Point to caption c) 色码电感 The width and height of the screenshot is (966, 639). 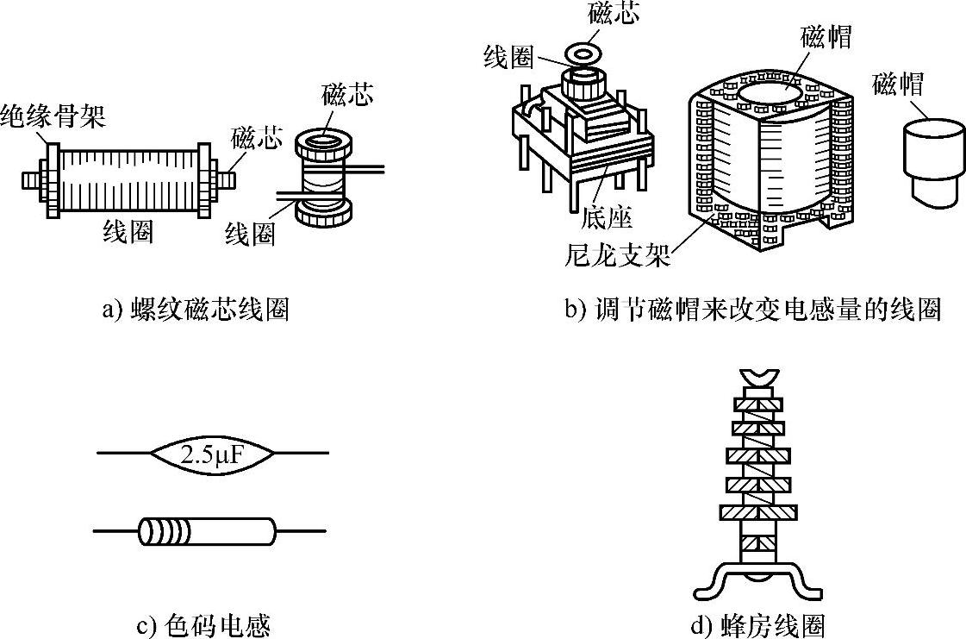[x=209, y=623]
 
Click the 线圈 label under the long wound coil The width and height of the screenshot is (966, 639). [x=128, y=232]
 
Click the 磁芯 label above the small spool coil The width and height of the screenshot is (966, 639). [x=346, y=96]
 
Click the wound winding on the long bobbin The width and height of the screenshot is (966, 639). [x=129, y=180]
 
